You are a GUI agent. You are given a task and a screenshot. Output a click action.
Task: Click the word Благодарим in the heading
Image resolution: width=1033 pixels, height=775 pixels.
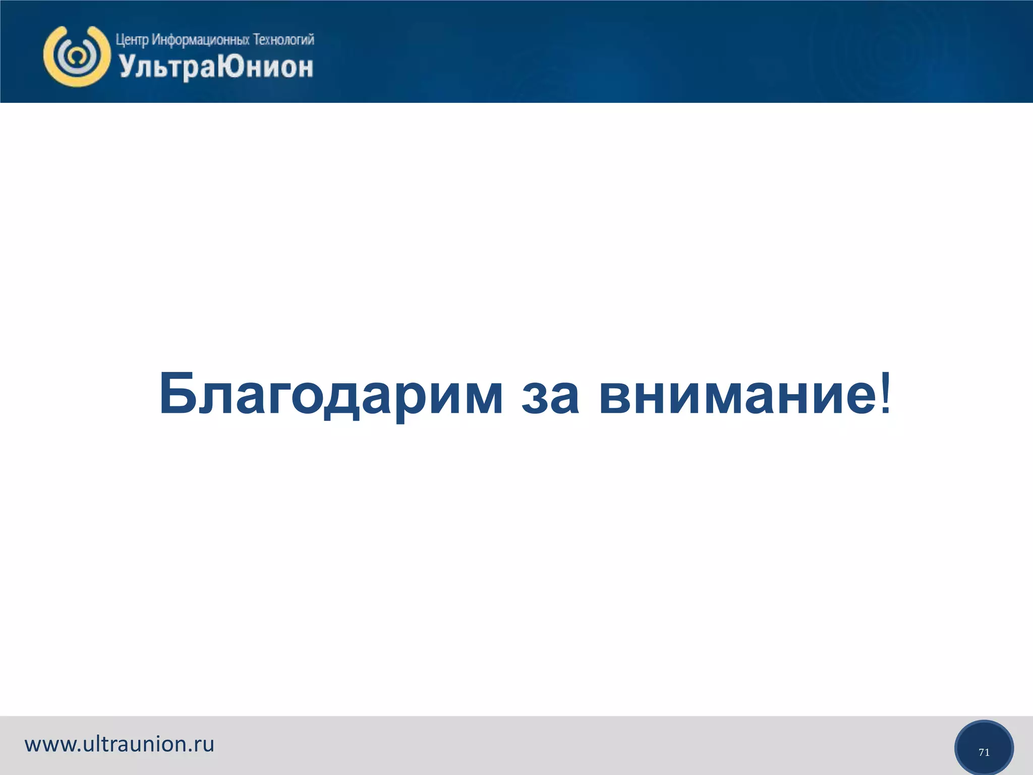coord(330,395)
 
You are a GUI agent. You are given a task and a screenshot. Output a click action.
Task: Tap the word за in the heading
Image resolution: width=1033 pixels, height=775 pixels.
coord(550,395)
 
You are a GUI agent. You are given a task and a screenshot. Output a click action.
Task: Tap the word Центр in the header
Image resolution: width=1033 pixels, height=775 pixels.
coord(132,40)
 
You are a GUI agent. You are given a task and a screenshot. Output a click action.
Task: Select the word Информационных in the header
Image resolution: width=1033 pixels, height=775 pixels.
coord(200,40)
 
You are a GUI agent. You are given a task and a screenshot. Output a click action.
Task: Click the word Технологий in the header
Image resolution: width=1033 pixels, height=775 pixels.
coord(283,39)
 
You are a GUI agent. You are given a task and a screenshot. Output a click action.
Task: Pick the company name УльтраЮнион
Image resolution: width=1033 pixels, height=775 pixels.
coord(216,68)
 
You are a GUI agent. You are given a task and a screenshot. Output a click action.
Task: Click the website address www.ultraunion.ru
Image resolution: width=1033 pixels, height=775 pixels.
coord(120,744)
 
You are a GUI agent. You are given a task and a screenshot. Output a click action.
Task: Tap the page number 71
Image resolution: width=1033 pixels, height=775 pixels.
coord(984,752)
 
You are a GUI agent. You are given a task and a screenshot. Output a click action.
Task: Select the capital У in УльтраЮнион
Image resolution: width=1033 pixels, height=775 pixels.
coord(127,67)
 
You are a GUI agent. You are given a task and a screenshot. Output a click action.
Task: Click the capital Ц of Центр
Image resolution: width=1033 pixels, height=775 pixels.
coord(120,40)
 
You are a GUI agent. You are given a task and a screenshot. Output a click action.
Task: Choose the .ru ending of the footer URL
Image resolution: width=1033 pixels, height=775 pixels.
coord(202,745)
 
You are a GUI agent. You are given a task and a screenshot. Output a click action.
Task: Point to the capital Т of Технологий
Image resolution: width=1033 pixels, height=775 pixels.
coord(256,39)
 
